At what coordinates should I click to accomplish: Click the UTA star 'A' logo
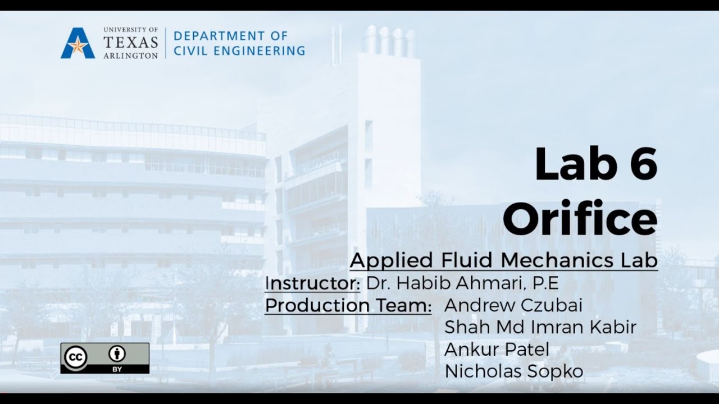[78, 43]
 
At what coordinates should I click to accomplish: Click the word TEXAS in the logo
[131, 43]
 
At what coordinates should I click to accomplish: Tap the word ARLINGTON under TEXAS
[131, 56]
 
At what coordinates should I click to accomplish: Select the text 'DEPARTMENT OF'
[230, 36]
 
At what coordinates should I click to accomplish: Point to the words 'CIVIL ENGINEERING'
[239, 50]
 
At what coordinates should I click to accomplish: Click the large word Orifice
[579, 219]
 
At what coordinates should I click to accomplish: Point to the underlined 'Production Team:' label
[348, 306]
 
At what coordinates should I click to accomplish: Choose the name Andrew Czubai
[513, 306]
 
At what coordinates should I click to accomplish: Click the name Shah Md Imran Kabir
[540, 327]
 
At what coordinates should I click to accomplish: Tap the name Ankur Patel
[497, 349]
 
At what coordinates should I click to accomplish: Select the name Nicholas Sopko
[513, 371]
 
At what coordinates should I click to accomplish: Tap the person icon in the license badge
[117, 353]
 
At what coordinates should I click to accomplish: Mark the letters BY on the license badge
[117, 369]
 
